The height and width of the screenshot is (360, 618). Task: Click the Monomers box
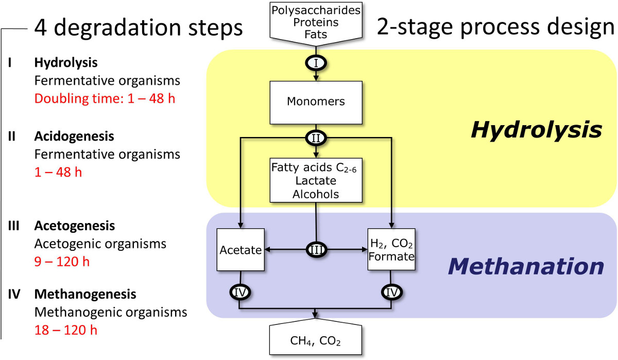tap(315, 101)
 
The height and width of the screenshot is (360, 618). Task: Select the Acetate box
tap(239, 250)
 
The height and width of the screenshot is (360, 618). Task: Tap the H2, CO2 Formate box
tap(391, 250)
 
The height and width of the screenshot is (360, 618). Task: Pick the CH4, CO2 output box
tap(315, 339)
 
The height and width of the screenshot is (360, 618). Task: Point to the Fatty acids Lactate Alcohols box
tap(315, 180)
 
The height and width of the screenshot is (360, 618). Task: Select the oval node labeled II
tap(315, 139)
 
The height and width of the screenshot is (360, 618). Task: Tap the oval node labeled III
tap(315, 250)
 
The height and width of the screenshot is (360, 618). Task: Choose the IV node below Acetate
tap(239, 293)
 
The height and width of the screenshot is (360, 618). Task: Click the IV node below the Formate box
tap(391, 293)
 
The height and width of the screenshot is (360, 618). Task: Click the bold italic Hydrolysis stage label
tap(536, 130)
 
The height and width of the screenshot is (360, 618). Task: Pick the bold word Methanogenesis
tap(85, 295)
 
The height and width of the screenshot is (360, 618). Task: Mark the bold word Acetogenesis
tap(75, 226)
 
